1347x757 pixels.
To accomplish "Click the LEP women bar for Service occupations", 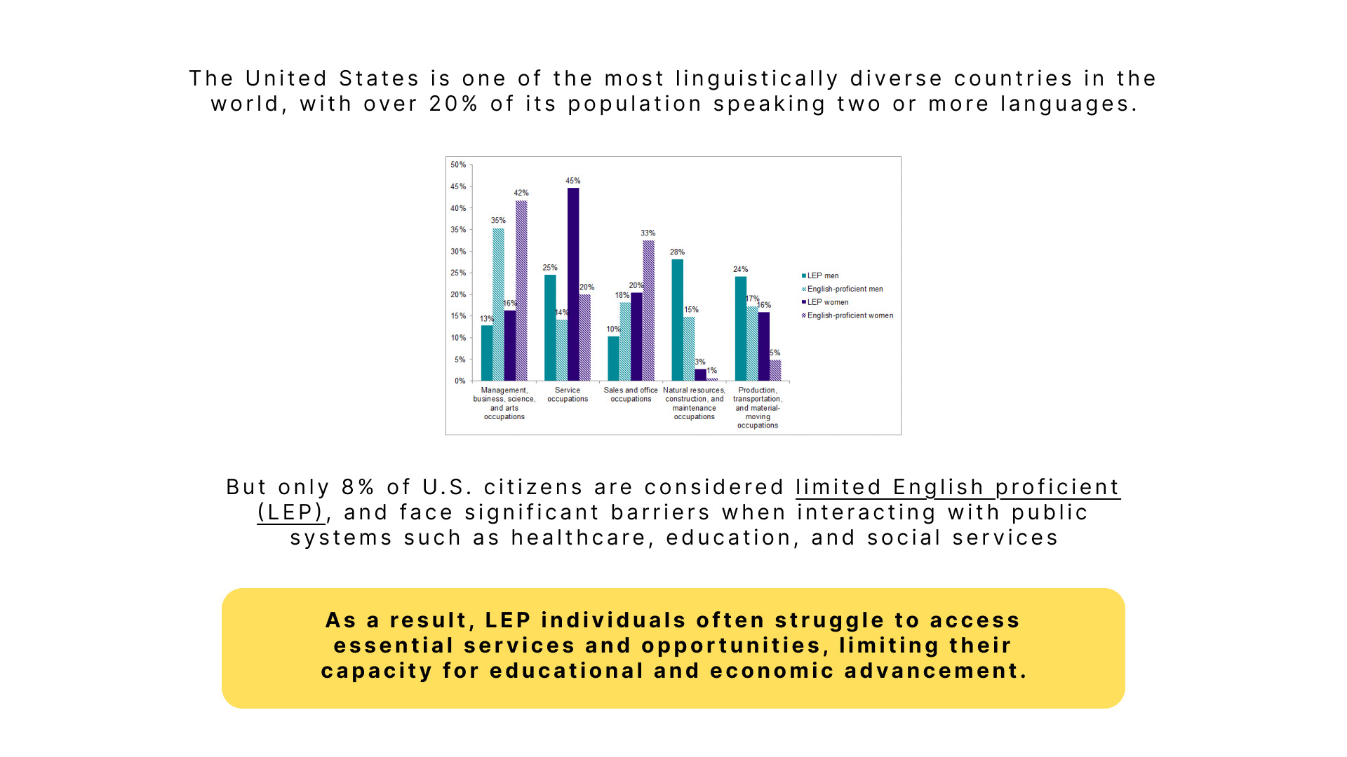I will tap(573, 284).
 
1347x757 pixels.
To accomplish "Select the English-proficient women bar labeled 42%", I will tap(521, 290).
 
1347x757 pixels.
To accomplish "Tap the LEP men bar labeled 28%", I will tap(677, 320).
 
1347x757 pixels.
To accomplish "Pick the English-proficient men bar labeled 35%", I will tap(498, 304).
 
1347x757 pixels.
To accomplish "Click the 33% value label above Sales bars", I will tap(648, 233).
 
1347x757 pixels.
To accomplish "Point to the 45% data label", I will tap(573, 181).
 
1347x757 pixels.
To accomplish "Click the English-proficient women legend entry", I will tap(848, 316).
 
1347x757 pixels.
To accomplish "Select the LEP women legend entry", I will tap(826, 303).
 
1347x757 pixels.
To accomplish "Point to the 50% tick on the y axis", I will tap(458, 165).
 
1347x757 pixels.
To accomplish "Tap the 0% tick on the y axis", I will tap(460, 381).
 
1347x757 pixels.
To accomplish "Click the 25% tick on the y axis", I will tap(458, 273).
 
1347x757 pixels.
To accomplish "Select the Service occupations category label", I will tap(568, 395).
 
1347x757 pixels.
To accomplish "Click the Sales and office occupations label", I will tap(631, 395).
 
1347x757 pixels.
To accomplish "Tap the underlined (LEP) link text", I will tap(290, 512).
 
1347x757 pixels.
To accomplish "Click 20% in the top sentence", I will tap(454, 104).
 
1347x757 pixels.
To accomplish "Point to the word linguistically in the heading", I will tap(757, 79).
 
